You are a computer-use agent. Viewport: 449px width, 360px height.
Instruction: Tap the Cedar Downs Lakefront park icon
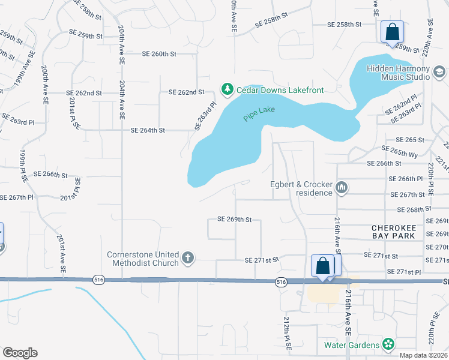pyautogui.click(x=227, y=90)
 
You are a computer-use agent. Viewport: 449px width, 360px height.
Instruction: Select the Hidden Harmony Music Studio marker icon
pyautogui.click(x=439, y=73)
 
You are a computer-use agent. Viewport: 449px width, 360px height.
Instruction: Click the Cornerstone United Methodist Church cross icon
pyautogui.click(x=187, y=258)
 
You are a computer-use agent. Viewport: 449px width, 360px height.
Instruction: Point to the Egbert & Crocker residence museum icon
pyautogui.click(x=342, y=188)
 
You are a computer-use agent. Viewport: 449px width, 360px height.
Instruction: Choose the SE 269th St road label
pyautogui.click(x=234, y=220)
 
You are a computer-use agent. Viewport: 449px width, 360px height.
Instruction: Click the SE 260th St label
pyautogui.click(x=159, y=54)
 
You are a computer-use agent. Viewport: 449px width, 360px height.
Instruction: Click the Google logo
pyautogui.click(x=20, y=353)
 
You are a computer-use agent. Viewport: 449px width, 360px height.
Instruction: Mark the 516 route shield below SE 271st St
pyautogui.click(x=280, y=281)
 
